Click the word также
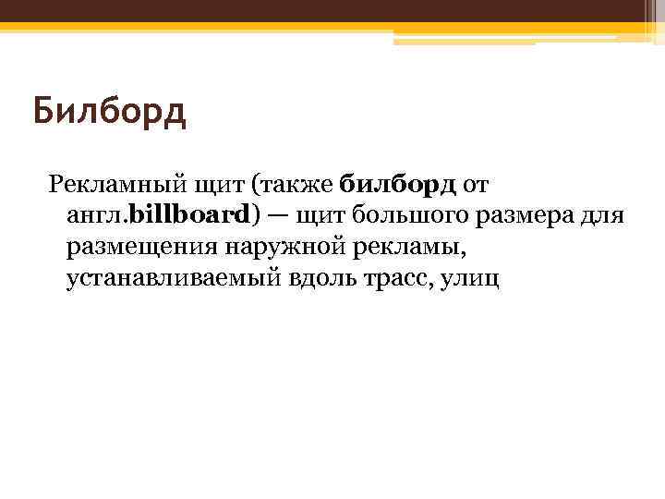click(298, 183)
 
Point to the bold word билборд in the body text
click(398, 183)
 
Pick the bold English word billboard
click(188, 215)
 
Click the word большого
click(407, 215)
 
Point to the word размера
click(523, 215)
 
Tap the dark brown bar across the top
click(332, 12)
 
